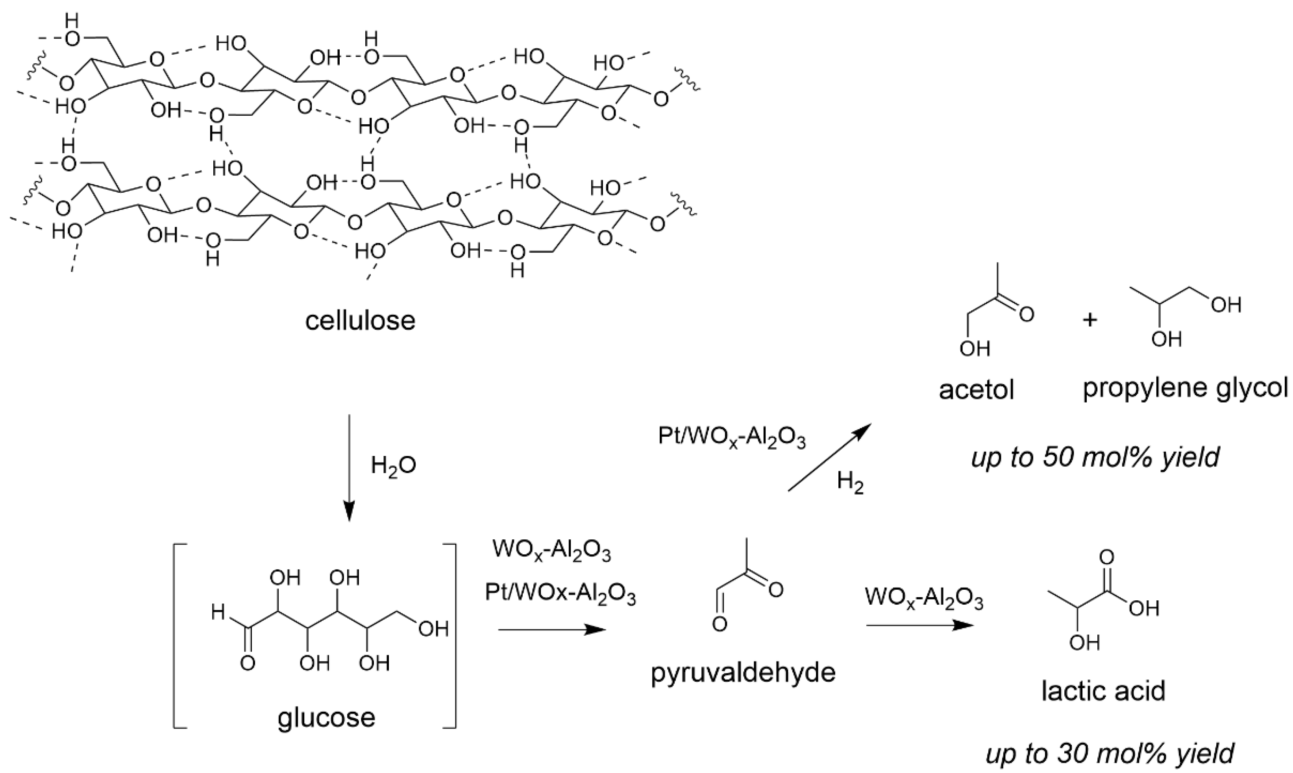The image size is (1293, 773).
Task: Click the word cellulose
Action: [360, 321]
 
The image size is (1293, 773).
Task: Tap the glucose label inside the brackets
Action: [326, 717]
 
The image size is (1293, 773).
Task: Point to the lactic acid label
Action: [1103, 691]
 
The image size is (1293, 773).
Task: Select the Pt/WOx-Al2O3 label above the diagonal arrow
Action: [732, 437]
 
